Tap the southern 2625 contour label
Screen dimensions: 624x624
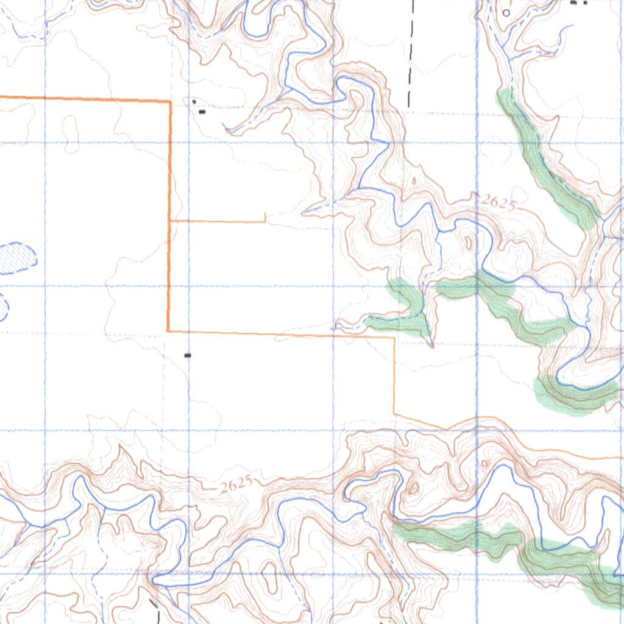(236, 485)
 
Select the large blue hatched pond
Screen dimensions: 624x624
(17, 257)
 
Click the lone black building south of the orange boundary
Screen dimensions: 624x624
(188, 355)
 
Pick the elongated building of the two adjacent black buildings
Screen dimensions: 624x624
(202, 112)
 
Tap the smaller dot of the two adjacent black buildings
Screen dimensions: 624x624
(194, 101)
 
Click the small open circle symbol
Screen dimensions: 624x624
(506, 12)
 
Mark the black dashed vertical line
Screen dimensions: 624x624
(411, 55)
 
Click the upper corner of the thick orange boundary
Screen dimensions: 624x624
(169, 101)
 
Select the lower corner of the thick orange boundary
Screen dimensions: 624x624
(168, 331)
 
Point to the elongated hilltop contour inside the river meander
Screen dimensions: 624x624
(468, 242)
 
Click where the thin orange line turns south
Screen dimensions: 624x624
(394, 337)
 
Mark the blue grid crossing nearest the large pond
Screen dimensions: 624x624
(45, 286)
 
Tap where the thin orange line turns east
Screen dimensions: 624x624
(395, 414)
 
